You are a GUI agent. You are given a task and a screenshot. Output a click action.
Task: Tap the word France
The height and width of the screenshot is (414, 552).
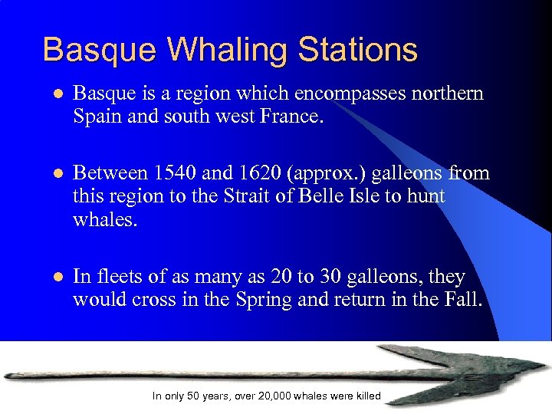[292, 117]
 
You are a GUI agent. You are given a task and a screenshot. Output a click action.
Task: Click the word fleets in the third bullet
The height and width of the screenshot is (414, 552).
[115, 277]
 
